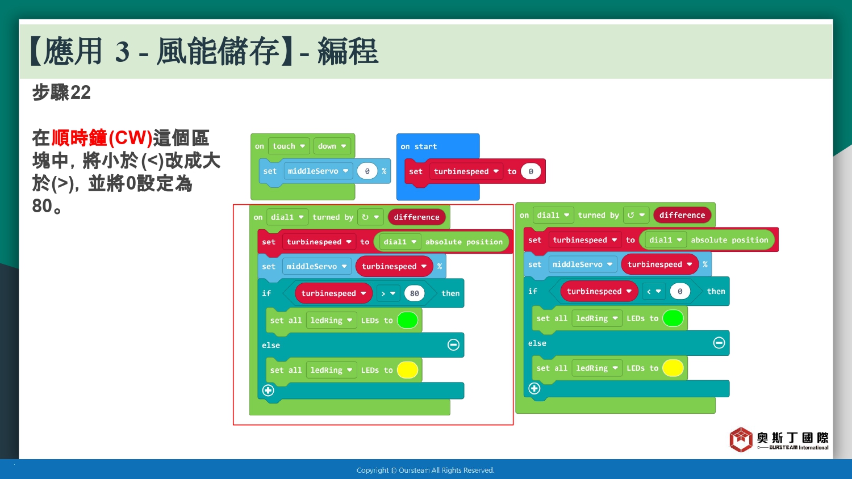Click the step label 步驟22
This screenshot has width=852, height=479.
(x=61, y=93)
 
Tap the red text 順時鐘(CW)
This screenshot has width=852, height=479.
(x=102, y=137)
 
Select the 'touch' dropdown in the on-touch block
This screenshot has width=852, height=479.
(x=289, y=146)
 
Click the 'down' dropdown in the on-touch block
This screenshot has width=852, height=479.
(x=332, y=146)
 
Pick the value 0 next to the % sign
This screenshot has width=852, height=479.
(x=367, y=171)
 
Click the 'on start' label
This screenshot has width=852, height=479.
(x=419, y=146)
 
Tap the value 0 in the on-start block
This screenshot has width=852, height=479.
(x=531, y=171)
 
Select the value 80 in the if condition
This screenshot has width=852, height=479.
(x=414, y=293)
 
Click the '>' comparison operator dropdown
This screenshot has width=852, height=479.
(x=389, y=293)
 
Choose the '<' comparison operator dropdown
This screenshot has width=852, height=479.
(x=654, y=292)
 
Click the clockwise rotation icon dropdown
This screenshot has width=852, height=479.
(x=370, y=217)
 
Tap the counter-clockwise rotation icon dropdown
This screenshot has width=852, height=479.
(x=636, y=215)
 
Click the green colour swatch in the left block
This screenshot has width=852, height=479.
(x=407, y=320)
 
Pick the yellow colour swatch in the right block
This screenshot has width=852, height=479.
(x=673, y=368)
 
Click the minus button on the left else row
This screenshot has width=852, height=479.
(x=453, y=345)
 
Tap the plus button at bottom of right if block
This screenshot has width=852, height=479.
(x=534, y=388)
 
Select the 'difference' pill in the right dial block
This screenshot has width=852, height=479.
(x=682, y=215)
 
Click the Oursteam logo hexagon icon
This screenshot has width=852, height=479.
(x=741, y=439)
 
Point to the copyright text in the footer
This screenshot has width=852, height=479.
(x=425, y=470)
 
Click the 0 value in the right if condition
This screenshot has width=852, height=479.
(x=680, y=292)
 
